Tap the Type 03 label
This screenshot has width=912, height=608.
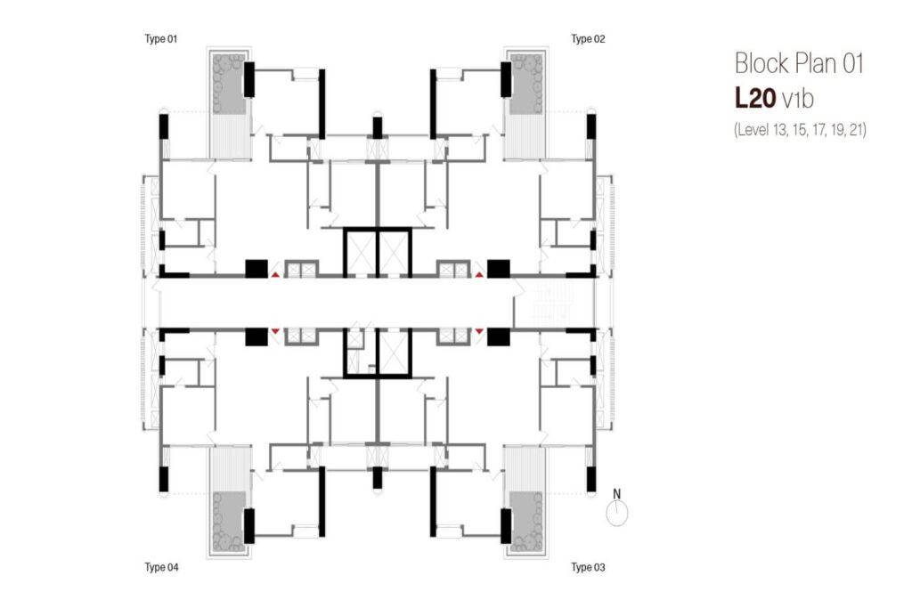pyautogui.click(x=588, y=567)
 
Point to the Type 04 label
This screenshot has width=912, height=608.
pyautogui.click(x=161, y=567)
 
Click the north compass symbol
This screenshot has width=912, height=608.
pyautogui.click(x=616, y=513)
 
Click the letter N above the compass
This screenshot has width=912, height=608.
pyautogui.click(x=616, y=492)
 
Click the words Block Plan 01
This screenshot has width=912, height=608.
pyautogui.click(x=800, y=64)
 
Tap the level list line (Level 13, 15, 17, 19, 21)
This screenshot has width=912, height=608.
pyautogui.click(x=800, y=129)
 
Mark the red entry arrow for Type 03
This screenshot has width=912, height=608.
pyautogui.click(x=480, y=331)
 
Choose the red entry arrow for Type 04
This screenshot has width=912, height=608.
pyautogui.click(x=275, y=331)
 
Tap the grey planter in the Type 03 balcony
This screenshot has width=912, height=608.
pyautogui.click(x=525, y=521)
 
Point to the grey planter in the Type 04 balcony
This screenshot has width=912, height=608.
pyautogui.click(x=230, y=521)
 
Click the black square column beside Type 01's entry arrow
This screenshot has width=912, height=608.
pyautogui.click(x=256, y=268)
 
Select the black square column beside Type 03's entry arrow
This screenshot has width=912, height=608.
pyautogui.click(x=498, y=336)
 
